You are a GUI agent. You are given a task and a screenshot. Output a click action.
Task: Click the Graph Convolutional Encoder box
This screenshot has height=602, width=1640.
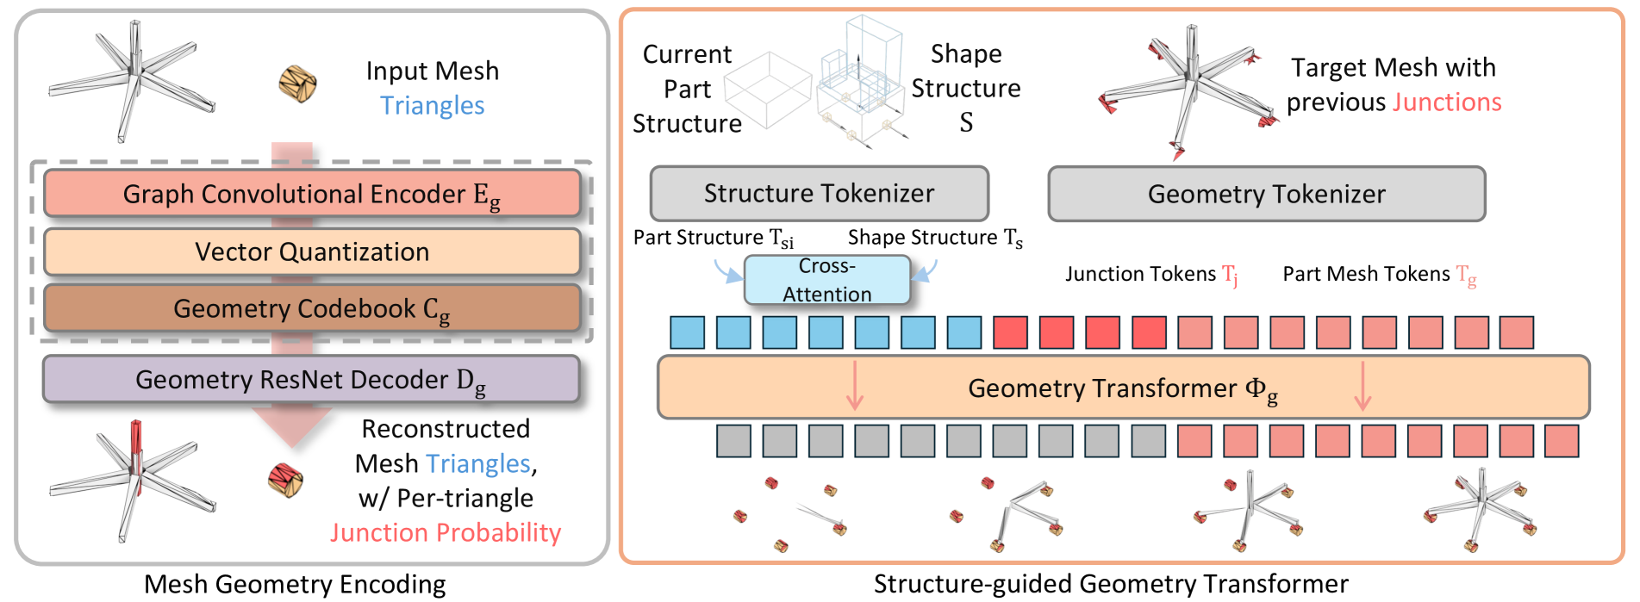pos(312,193)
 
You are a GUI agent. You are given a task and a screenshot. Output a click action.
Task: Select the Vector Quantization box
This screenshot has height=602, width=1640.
pos(312,251)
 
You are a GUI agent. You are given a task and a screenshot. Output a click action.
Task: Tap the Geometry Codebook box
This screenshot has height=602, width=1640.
pos(312,308)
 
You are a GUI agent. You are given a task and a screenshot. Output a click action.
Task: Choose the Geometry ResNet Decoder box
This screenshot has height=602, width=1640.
pos(311,379)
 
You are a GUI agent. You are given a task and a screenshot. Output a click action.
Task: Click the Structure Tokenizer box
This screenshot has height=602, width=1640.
pos(819,193)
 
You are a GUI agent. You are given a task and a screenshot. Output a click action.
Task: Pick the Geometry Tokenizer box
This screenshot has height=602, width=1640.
pos(1266,194)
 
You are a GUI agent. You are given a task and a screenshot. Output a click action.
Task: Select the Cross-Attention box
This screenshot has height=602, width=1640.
pos(827,280)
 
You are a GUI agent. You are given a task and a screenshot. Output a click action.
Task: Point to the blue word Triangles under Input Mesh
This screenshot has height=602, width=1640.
pos(433,105)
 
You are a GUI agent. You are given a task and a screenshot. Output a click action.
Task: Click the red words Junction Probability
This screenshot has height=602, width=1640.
pos(446,532)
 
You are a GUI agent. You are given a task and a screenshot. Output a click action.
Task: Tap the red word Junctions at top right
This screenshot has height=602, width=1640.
pos(1448,102)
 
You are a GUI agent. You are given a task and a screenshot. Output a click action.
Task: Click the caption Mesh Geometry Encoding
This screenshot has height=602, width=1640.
pos(295,584)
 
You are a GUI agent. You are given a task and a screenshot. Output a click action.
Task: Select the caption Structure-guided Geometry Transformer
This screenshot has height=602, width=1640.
pos(1111,584)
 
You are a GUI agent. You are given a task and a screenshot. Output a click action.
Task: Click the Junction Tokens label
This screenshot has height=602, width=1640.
pos(1151,275)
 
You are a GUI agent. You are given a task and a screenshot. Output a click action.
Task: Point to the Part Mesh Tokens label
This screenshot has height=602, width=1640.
pos(1379,275)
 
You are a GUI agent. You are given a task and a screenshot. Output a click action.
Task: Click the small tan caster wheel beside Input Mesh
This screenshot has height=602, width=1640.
pos(297,84)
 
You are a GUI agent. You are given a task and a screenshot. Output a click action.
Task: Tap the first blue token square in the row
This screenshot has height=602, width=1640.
pos(688,332)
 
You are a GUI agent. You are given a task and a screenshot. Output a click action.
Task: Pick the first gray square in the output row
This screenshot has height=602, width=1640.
pos(733,441)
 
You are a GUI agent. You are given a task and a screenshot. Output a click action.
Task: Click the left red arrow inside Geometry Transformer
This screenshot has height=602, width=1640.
pos(854,385)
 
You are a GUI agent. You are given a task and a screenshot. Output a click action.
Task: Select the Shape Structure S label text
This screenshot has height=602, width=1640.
pos(966,88)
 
